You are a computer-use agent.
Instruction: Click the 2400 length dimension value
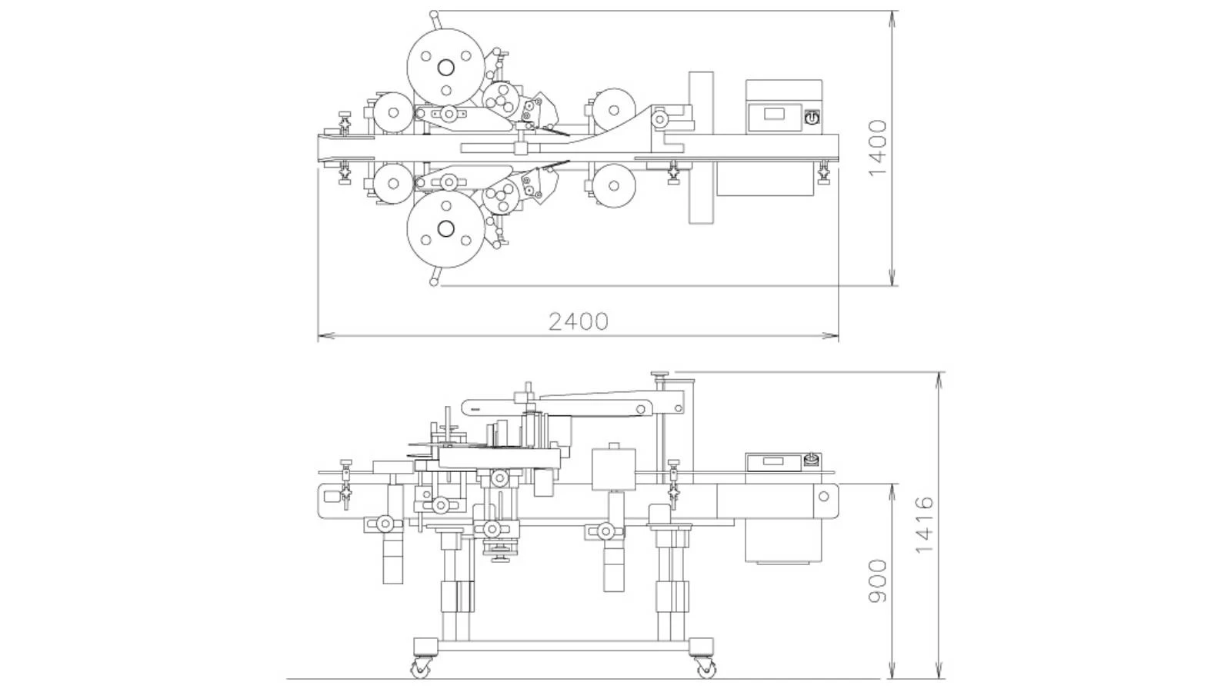pyautogui.click(x=579, y=321)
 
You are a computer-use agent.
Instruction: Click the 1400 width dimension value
pyautogui.click(x=878, y=148)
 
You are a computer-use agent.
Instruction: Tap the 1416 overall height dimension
pyautogui.click(x=924, y=524)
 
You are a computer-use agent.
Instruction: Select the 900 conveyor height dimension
pyautogui.click(x=878, y=581)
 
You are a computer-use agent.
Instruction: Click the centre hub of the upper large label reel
pyautogui.click(x=445, y=68)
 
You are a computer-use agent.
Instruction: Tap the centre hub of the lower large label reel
pyautogui.click(x=445, y=228)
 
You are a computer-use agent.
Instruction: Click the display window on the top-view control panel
pyautogui.click(x=775, y=115)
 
